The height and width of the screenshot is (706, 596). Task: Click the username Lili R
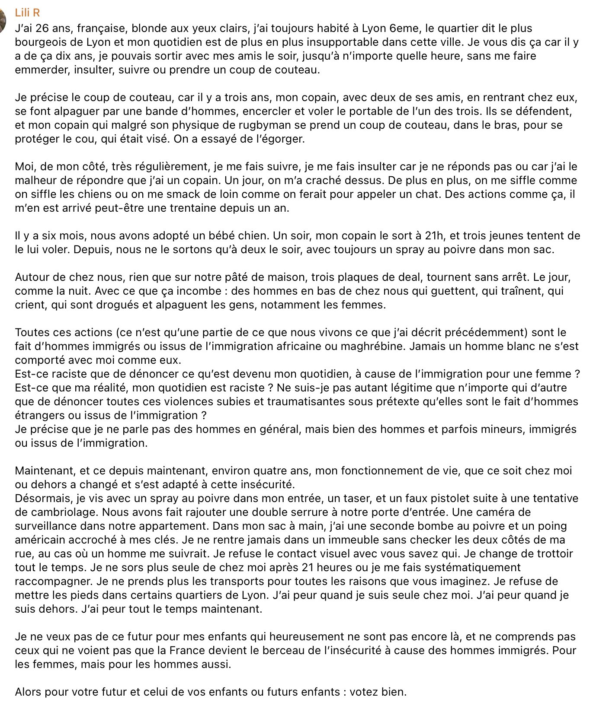coord(27,13)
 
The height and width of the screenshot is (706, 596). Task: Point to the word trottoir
coord(551,554)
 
